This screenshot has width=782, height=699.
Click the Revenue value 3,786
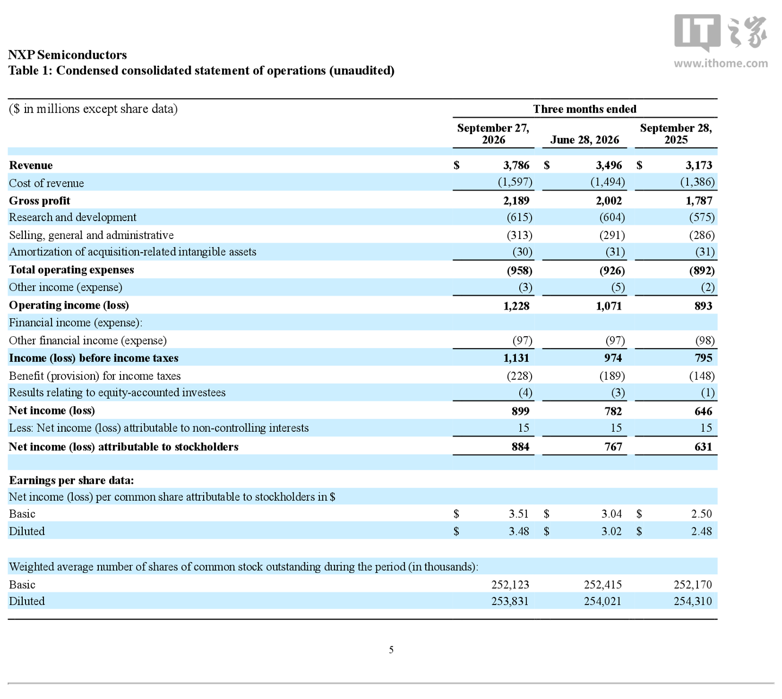click(516, 165)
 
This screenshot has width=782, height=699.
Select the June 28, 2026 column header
click(584, 140)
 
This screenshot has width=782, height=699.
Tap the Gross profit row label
click(39, 201)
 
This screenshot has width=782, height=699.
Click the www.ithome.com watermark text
click(721, 64)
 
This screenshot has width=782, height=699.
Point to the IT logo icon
click(697, 33)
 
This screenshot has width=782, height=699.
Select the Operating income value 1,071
click(609, 306)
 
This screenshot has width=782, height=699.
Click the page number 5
click(391, 650)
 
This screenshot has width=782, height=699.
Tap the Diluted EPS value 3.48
click(519, 531)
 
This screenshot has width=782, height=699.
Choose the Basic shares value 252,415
click(602, 584)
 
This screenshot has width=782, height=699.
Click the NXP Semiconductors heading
click(67, 55)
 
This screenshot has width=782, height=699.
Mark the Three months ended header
click(585, 109)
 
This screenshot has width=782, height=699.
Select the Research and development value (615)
click(520, 217)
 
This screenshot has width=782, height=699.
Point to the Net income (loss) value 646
click(703, 411)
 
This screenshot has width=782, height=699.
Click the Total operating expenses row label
click(71, 269)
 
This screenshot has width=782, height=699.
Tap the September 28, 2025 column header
click(676, 134)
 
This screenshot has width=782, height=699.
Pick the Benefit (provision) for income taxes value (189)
click(612, 376)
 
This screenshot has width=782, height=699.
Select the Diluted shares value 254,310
click(693, 601)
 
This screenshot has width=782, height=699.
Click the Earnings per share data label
click(71, 480)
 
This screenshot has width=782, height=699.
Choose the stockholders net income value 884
click(520, 446)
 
